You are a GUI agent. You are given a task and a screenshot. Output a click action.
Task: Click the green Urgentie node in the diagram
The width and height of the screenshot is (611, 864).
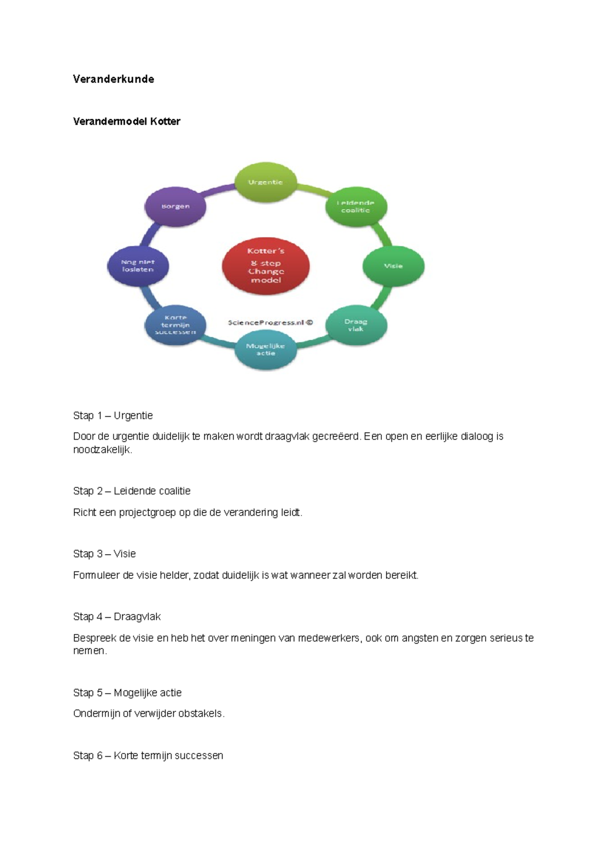point(265,182)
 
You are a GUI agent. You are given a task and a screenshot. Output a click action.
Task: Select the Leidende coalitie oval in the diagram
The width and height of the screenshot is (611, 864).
point(356,207)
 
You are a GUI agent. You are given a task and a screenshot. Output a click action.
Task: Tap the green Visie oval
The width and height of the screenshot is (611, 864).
point(393,266)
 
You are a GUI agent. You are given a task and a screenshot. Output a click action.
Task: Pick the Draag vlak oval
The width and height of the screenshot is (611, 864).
point(356,325)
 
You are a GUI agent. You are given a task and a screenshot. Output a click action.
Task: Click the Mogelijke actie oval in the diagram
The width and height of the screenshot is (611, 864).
point(265,350)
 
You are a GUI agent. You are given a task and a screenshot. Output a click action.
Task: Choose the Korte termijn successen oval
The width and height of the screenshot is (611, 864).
point(175,325)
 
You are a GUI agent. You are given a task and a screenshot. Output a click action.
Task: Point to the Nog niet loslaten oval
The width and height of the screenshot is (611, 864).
point(137,266)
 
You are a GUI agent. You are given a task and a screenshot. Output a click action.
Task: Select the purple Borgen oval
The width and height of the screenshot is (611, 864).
point(175,207)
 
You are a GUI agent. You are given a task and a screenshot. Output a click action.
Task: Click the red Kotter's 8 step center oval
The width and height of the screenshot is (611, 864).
point(266,266)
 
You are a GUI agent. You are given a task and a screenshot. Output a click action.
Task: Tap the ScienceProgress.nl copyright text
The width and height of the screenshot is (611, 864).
point(270,323)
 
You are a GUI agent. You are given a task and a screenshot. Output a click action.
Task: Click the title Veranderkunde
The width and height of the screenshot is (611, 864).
point(114,79)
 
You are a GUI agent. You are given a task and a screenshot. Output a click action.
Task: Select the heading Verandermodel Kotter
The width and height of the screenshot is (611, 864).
point(127,122)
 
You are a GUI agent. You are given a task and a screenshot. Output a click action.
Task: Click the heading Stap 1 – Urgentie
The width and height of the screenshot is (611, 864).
point(113,416)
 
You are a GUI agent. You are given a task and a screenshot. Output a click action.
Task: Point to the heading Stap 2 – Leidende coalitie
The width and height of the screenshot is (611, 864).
point(132,491)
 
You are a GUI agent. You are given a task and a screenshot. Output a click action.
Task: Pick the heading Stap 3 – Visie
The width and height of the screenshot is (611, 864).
point(104,554)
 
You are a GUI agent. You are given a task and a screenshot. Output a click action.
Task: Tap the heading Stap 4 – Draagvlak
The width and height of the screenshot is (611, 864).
point(117,617)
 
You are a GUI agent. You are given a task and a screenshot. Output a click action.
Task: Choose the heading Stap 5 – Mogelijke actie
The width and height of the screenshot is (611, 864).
point(127,693)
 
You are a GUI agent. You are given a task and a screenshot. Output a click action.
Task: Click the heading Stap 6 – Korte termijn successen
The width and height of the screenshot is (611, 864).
point(148,756)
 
